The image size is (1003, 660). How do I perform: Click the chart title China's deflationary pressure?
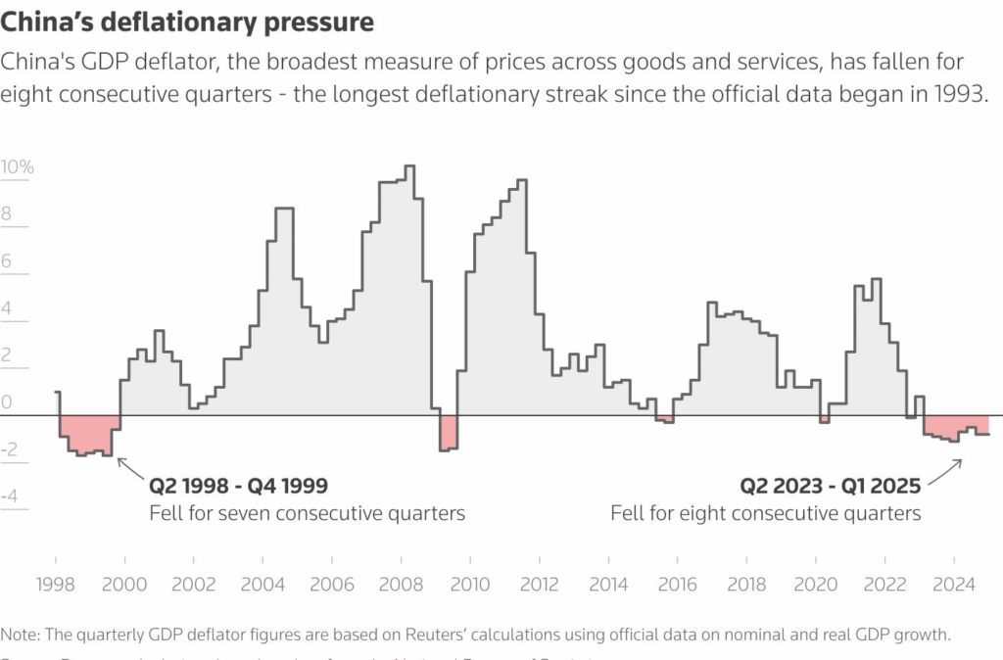click(188, 21)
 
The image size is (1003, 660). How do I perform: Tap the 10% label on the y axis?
click(17, 167)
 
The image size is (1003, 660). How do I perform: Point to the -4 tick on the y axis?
click(12, 496)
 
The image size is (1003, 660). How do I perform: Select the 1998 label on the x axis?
click(57, 585)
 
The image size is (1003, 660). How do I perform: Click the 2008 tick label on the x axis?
click(401, 585)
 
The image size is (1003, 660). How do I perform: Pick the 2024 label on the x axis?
click(953, 585)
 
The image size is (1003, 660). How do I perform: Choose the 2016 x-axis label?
click(677, 585)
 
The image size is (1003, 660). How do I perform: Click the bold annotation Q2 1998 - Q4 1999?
click(238, 486)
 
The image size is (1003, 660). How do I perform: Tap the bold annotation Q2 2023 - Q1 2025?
click(830, 486)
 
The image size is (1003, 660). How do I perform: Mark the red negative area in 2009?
click(448, 433)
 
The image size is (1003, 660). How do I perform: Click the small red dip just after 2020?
click(825, 419)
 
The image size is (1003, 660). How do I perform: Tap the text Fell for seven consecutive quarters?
click(307, 513)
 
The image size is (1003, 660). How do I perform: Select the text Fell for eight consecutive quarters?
click(766, 513)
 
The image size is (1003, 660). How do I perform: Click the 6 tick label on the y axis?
click(8, 261)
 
